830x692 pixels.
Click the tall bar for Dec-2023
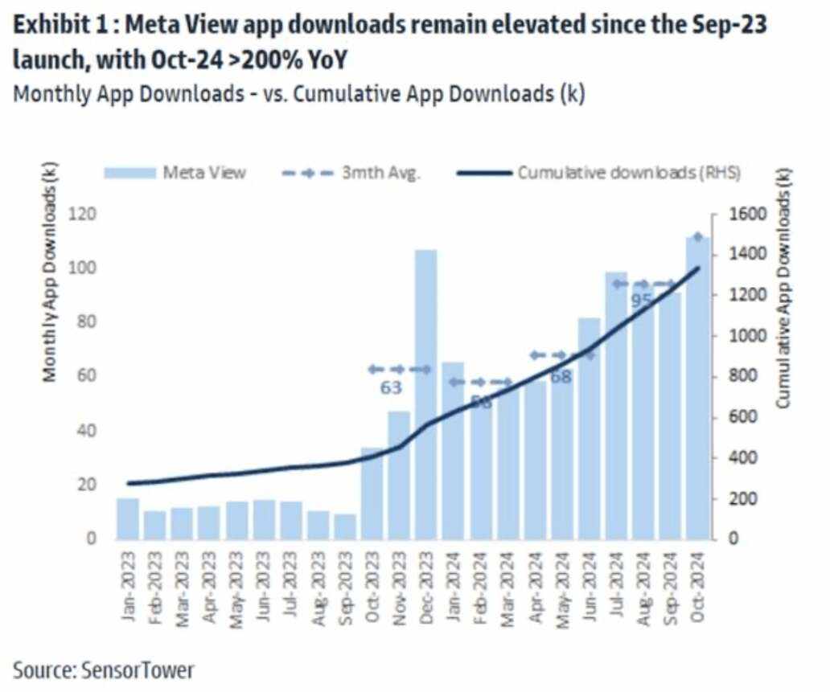coord(426,394)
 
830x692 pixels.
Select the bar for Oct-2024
coord(697,386)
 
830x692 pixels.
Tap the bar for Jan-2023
coord(128,518)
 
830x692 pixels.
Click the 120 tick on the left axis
coord(83,214)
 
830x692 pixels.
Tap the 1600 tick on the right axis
coord(741,214)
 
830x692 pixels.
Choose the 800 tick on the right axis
coord(737,376)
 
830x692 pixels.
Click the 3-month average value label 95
coord(641,301)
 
